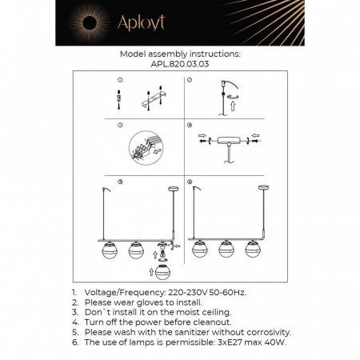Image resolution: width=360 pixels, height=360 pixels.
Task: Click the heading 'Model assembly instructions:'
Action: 179,54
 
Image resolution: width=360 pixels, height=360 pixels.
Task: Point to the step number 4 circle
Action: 190,126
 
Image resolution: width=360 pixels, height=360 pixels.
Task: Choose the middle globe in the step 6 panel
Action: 227,248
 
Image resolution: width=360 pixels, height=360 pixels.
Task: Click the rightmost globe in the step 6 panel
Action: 254,248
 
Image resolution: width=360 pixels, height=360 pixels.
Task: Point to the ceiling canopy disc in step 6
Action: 262,187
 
